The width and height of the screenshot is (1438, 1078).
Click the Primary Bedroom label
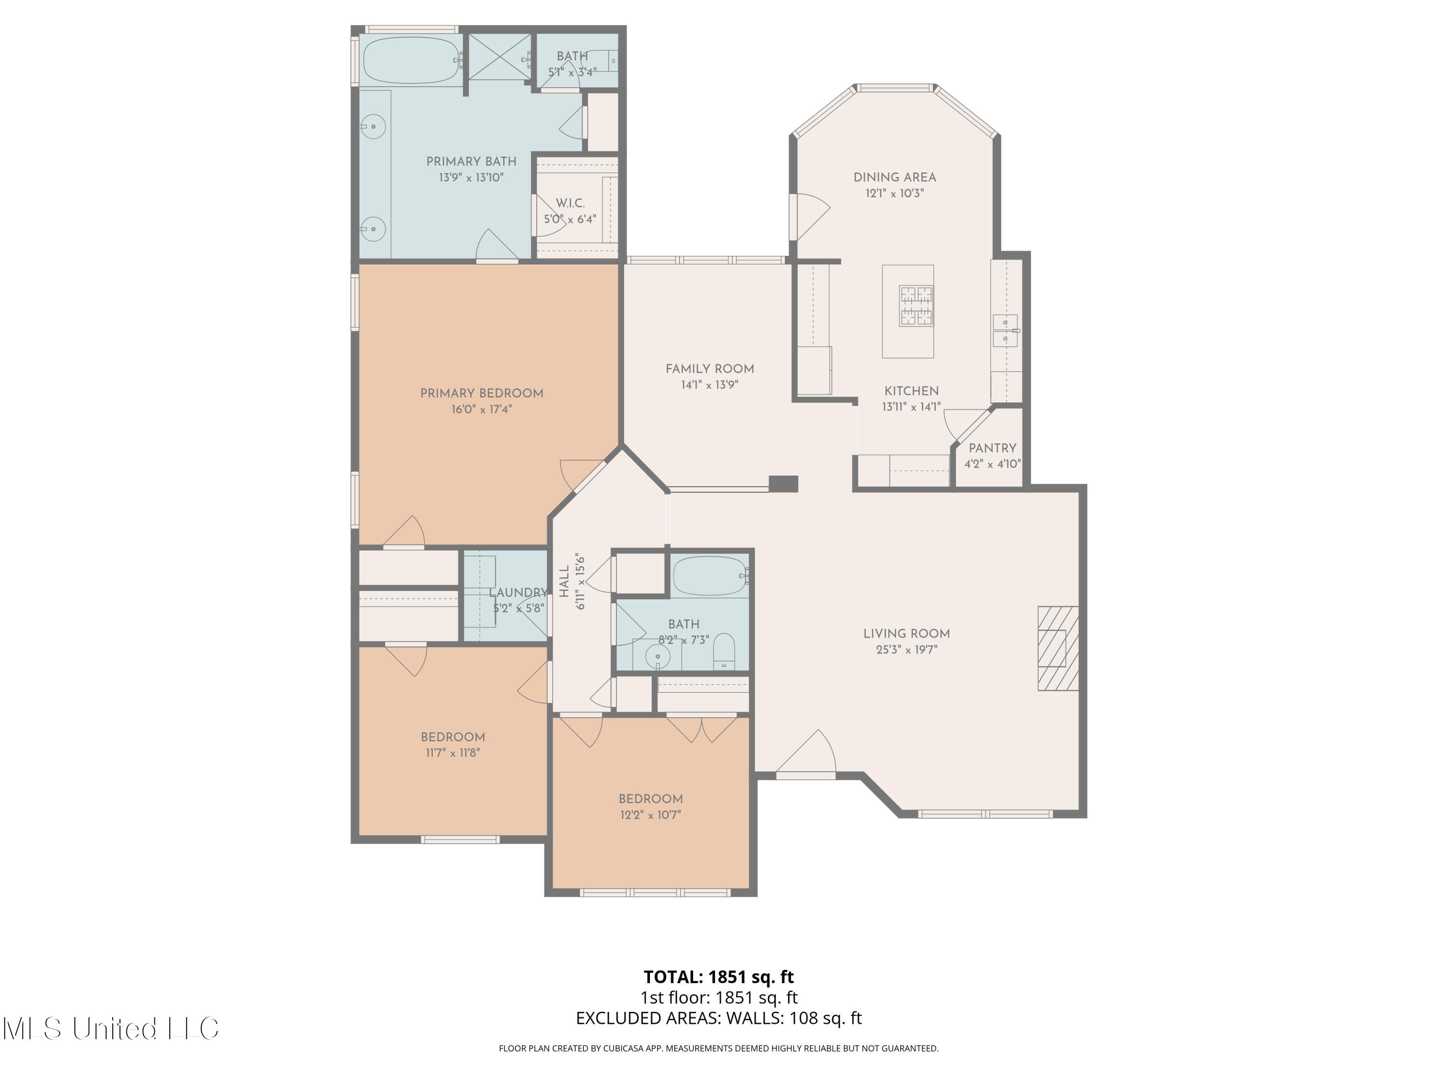[482, 393]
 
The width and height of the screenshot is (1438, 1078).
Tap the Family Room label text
[710, 369]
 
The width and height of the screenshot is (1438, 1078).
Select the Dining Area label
[894, 177]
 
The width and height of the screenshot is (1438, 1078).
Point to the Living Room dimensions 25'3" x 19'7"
[907, 649]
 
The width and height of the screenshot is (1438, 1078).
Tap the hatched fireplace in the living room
[1058, 648]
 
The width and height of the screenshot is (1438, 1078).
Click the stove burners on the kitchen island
[916, 305]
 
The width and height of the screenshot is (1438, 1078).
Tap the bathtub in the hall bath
[710, 576]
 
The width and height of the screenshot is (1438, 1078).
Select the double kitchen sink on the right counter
[1005, 330]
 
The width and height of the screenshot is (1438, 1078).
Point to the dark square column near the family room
[783, 483]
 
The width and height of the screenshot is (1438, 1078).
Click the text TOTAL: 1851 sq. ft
[719, 976]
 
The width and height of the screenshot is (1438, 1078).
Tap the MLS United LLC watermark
[111, 1028]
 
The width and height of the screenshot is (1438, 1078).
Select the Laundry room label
[518, 593]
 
